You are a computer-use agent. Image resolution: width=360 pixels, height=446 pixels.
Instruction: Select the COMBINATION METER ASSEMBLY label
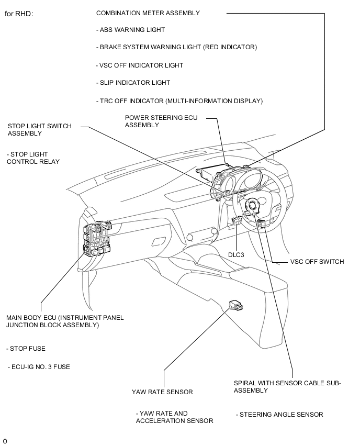148,13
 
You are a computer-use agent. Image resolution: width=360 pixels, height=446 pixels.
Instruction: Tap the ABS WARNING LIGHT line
130,30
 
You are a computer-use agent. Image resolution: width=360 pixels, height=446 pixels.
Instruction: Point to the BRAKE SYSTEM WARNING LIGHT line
176,47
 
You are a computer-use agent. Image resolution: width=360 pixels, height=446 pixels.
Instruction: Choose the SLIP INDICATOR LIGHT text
133,83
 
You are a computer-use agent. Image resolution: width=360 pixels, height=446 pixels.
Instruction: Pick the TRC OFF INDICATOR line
179,101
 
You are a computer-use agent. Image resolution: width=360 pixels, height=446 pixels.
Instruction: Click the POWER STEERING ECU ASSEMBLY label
161,121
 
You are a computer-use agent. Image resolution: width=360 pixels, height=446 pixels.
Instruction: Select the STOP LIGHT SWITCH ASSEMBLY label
40,130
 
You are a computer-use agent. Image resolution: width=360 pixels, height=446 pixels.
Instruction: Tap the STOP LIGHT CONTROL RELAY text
33,158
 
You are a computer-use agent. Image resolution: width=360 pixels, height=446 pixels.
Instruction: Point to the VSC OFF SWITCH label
317,262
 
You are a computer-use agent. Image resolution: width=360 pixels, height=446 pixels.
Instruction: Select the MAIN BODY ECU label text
65,321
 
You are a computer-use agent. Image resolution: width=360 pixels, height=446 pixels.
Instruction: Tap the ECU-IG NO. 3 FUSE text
39,367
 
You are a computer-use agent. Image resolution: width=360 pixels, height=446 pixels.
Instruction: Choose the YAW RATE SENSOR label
162,392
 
